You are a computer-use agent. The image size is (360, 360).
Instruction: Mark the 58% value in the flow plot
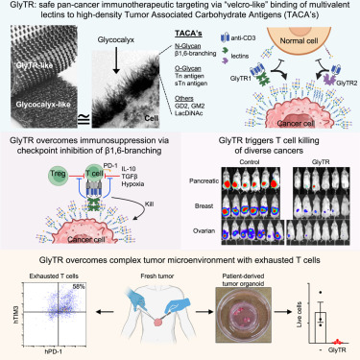[x=94, y=290]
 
